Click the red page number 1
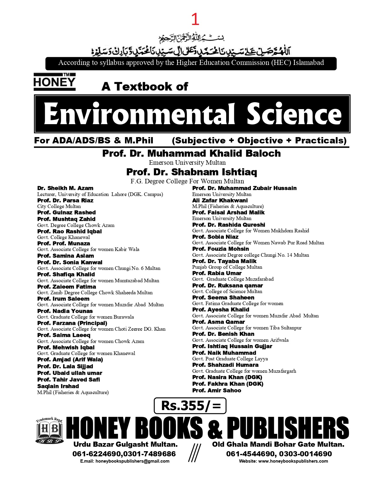[x=195, y=20]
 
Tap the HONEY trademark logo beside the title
[x=54, y=82]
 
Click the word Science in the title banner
[x=294, y=114]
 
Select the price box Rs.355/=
[x=190, y=406]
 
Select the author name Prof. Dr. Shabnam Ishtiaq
[x=192, y=172]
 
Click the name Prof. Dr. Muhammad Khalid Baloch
[x=191, y=153]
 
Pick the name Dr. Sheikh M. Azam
[x=65, y=188]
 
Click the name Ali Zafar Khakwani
[x=220, y=201]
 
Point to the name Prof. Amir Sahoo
[x=217, y=390]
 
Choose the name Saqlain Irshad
[x=58, y=386]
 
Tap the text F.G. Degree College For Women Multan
[x=187, y=181]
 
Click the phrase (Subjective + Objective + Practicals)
[x=259, y=140]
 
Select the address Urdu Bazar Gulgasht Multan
[x=125, y=444]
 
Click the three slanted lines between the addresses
[x=194, y=453]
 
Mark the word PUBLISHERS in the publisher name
[x=288, y=428]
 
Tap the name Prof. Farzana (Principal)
[x=72, y=323]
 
